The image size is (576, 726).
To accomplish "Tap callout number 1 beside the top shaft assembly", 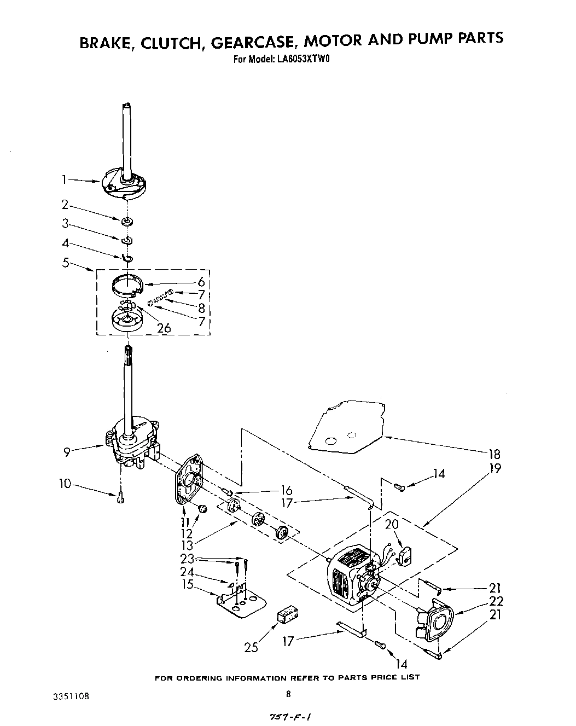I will (65, 178).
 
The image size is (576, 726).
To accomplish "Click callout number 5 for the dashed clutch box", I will (66, 263).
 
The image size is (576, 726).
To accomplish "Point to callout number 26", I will (164, 328).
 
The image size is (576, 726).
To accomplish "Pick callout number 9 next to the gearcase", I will (67, 451).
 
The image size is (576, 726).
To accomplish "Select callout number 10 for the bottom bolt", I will (66, 484).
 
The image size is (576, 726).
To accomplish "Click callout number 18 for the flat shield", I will (494, 454).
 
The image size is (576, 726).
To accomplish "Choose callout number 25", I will (251, 648).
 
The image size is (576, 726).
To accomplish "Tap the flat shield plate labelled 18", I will (345, 427).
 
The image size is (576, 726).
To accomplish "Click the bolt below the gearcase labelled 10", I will (120, 497).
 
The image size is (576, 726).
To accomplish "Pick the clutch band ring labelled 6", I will (127, 287).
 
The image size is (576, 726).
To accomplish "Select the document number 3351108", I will (69, 696).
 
